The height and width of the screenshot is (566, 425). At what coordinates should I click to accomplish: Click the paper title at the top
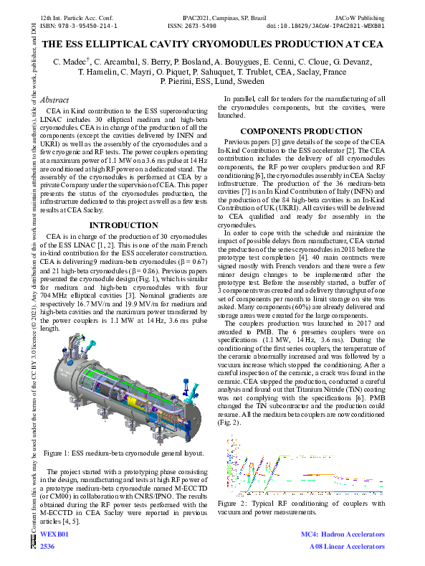click(x=213, y=44)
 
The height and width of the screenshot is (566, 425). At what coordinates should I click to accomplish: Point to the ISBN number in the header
click(x=78, y=25)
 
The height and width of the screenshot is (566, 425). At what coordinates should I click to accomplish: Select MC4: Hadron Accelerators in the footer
click(x=342, y=535)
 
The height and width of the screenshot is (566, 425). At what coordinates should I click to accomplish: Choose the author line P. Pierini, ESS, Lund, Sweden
click(x=213, y=82)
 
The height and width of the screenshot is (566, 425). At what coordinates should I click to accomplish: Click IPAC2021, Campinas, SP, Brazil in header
click(x=213, y=15)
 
